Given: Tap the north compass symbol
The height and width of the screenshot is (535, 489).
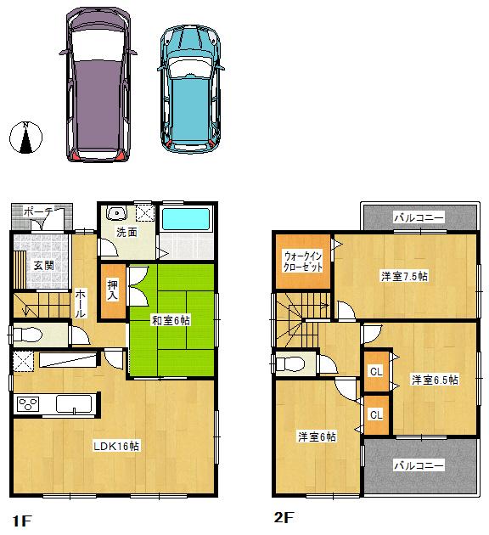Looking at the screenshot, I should (x=27, y=138).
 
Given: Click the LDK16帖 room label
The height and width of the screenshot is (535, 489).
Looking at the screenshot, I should (x=117, y=446).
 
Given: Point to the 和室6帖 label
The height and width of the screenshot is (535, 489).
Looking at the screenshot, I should (x=171, y=320).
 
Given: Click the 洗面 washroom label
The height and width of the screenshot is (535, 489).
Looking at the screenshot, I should (x=127, y=232).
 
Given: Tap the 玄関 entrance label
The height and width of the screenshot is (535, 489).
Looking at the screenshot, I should (x=44, y=265).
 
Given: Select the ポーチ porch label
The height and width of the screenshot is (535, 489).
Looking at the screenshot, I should (x=39, y=211).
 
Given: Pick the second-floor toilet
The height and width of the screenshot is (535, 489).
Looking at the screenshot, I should (x=290, y=363).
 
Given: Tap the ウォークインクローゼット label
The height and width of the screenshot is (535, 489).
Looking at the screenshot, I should (x=303, y=261).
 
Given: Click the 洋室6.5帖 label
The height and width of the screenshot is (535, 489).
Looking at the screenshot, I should (x=434, y=380).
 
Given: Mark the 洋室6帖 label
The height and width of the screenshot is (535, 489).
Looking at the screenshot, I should (x=316, y=436).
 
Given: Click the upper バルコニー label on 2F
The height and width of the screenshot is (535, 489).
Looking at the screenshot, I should (x=419, y=218).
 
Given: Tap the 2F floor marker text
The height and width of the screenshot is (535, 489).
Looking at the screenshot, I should (x=283, y=515).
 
